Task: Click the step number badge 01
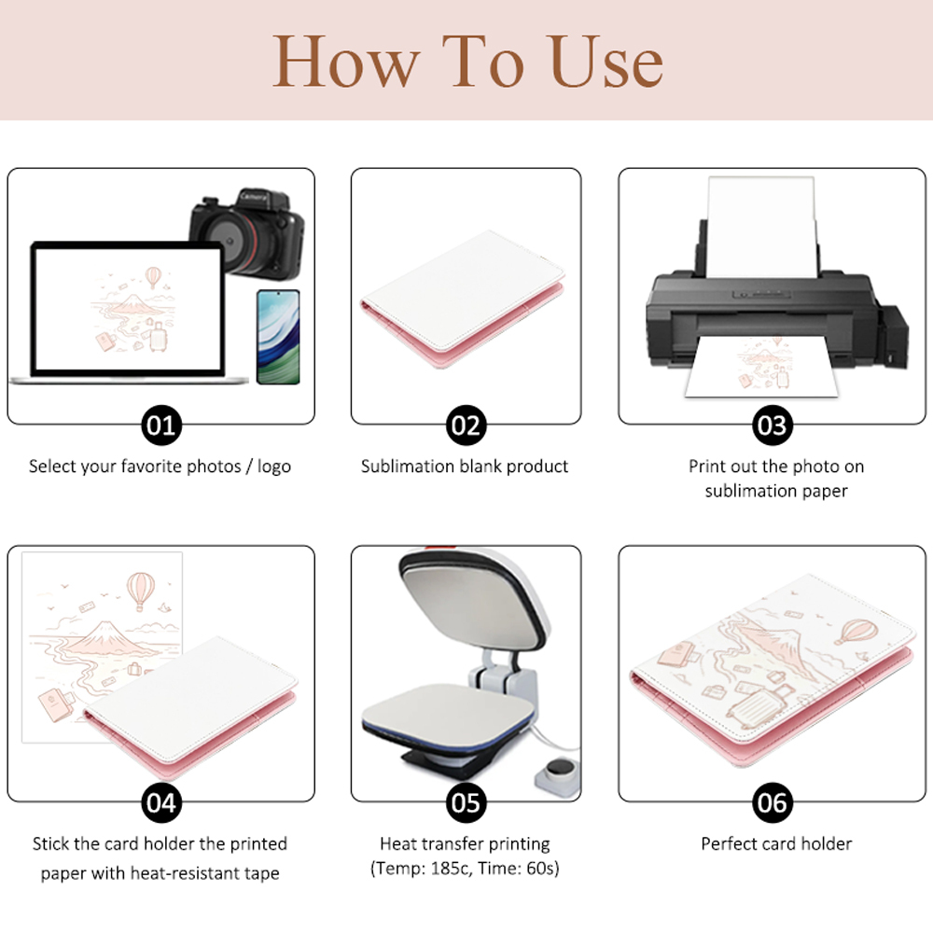click(161, 425)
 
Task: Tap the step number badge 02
click(466, 425)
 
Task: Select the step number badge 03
click(773, 425)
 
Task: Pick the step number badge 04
click(161, 802)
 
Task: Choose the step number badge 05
click(466, 802)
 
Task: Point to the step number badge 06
click(773, 802)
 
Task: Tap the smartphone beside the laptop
click(278, 337)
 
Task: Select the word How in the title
click(346, 62)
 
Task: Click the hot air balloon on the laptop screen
click(154, 277)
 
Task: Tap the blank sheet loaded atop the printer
click(761, 227)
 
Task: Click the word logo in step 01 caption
click(273, 466)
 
